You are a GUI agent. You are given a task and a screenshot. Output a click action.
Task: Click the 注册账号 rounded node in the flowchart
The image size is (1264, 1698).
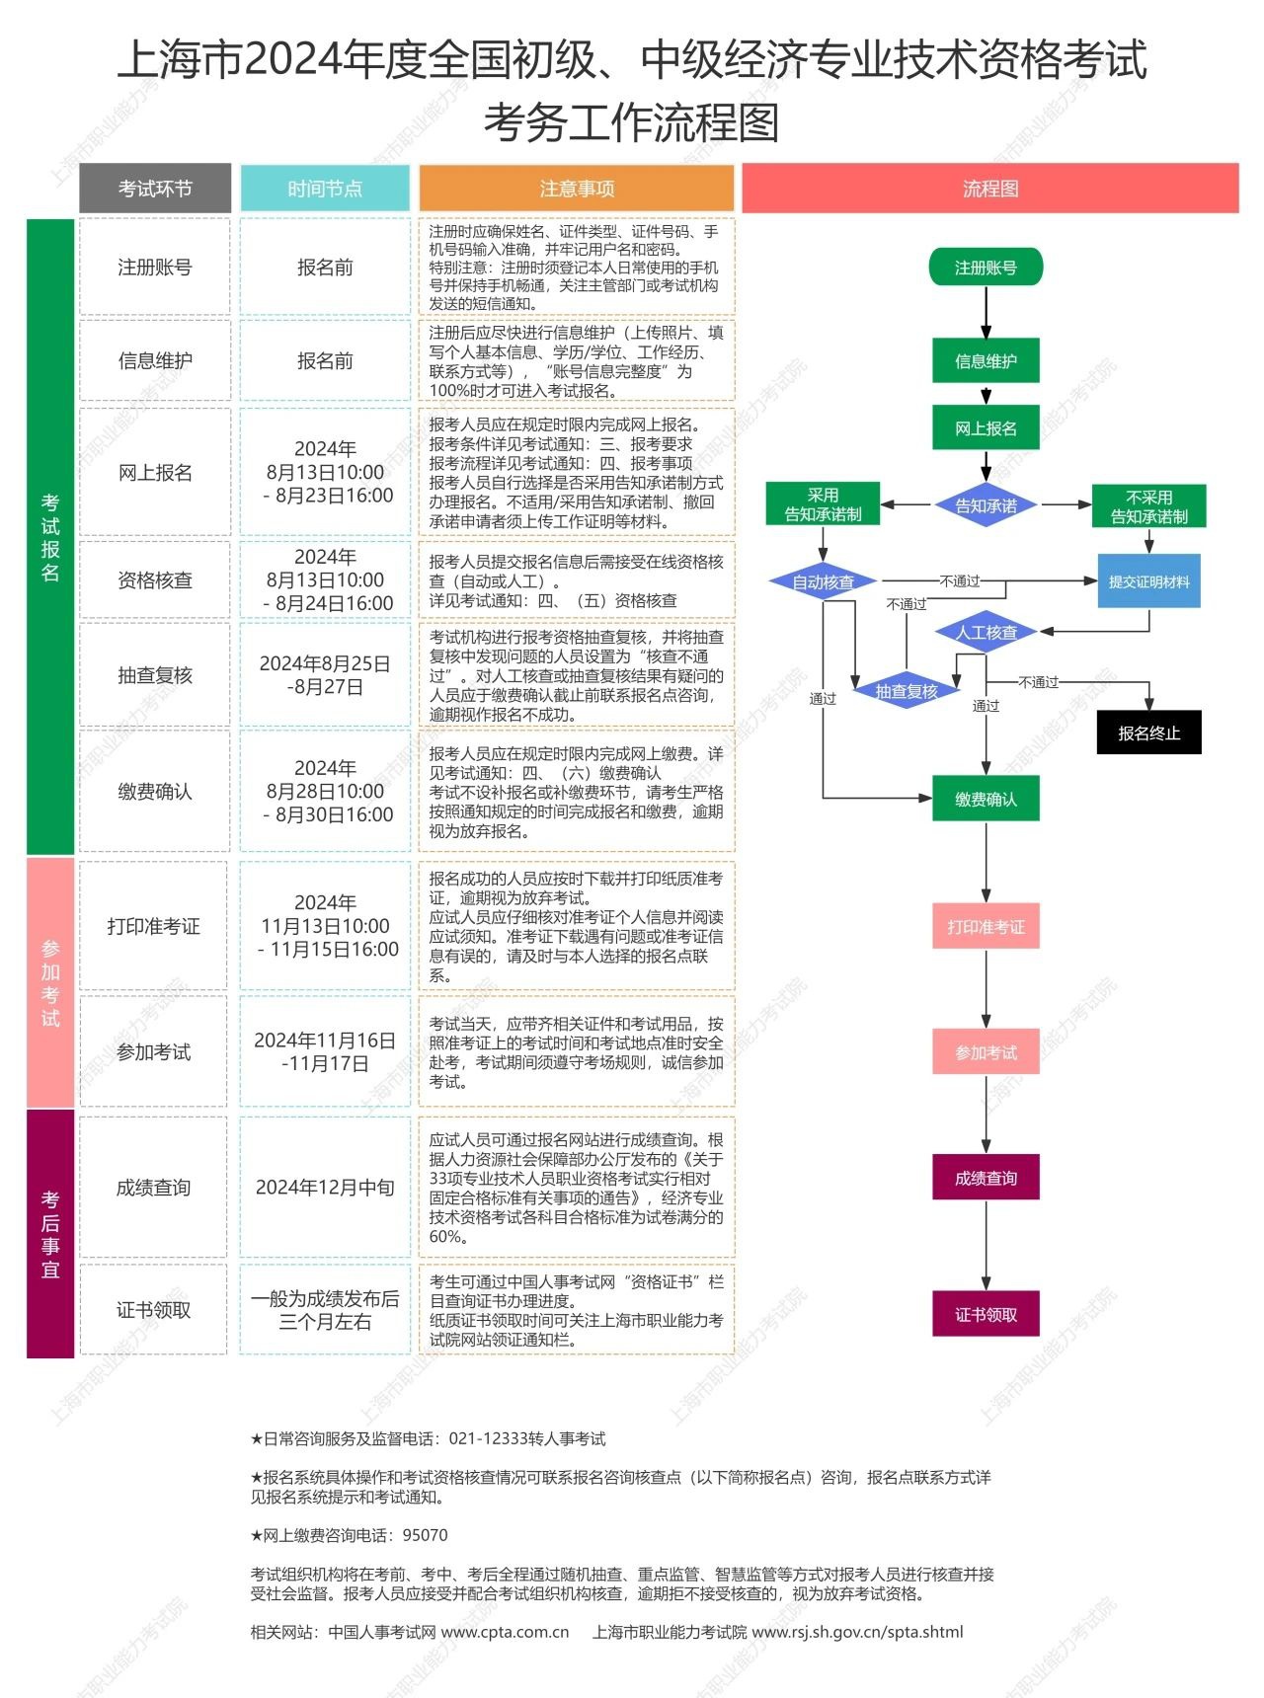click(x=986, y=268)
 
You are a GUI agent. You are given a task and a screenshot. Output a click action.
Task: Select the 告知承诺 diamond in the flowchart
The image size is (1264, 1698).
click(x=986, y=506)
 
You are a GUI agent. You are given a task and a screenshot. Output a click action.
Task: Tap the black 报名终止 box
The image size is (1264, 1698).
click(x=1148, y=733)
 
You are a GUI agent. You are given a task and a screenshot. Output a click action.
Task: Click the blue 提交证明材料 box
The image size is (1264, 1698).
click(x=1148, y=581)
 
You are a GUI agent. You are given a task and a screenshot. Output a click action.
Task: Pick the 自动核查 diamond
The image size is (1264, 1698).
click(x=824, y=582)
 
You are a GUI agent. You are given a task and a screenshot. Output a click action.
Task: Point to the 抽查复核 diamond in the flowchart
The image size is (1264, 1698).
click(x=907, y=691)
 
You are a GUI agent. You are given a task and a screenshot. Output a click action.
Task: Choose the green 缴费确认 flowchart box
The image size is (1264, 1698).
click(x=986, y=799)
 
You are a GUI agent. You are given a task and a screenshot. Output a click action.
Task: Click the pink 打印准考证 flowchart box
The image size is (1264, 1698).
click(x=986, y=927)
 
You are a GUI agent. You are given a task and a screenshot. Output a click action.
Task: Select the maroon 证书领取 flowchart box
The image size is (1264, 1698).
click(x=986, y=1314)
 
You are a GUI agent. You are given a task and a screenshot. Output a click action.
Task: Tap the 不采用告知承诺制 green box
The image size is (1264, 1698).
click(x=1148, y=506)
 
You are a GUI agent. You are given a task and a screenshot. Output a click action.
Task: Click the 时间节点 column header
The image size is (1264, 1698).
click(x=325, y=189)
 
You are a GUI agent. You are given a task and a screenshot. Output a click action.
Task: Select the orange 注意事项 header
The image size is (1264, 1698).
click(x=577, y=189)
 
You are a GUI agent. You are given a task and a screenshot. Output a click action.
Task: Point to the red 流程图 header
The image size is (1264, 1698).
click(x=989, y=189)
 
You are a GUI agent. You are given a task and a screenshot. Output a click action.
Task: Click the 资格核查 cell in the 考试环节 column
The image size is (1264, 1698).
click(x=154, y=580)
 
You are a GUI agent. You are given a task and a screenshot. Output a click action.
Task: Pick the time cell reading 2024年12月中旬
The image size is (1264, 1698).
click(x=325, y=1188)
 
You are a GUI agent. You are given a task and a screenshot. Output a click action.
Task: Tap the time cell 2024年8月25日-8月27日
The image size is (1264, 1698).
click(x=325, y=675)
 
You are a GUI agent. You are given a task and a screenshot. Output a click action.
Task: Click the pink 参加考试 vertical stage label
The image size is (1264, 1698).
click(x=50, y=982)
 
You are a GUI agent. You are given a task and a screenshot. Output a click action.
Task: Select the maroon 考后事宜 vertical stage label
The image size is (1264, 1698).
click(x=50, y=1234)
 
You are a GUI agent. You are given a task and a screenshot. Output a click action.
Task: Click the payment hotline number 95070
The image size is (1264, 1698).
click(x=425, y=1535)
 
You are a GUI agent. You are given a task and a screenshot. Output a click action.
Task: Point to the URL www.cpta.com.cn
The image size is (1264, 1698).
click(x=505, y=1632)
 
